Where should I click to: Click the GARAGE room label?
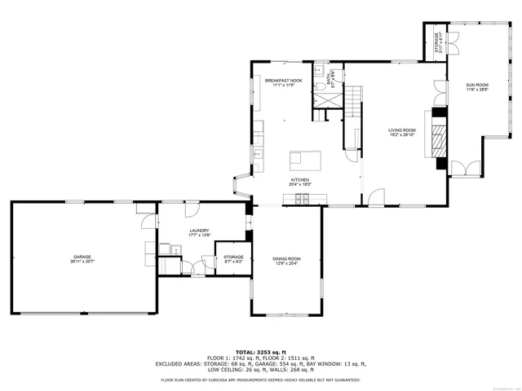[80, 257]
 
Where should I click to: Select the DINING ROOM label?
[286, 259]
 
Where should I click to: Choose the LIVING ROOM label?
[401, 130]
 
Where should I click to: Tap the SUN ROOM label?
[477, 85]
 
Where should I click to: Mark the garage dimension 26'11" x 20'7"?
[80, 261]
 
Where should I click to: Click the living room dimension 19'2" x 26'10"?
[401, 135]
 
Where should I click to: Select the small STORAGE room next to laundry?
[234, 259]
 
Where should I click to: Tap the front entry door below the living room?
[376, 197]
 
